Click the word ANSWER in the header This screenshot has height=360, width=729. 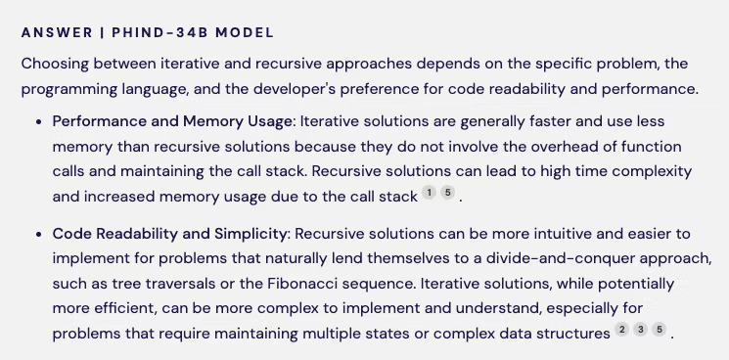(54, 32)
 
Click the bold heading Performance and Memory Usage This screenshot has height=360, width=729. (173, 121)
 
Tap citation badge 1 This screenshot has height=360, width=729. (429, 194)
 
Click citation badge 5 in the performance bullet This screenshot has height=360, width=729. (447, 194)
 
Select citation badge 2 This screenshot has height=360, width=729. (621, 330)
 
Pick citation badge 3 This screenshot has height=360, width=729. (640, 330)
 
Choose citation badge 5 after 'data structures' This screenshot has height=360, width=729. (660, 330)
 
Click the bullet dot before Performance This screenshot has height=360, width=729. (38, 122)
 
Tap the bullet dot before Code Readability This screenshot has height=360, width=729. (38, 235)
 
